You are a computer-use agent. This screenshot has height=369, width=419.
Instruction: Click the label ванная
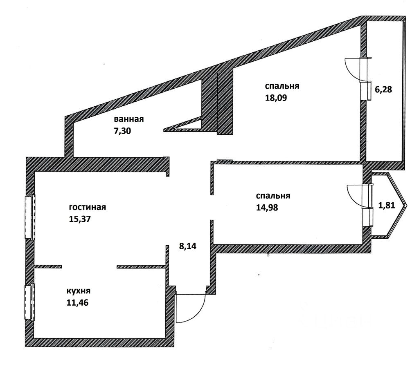(129, 119)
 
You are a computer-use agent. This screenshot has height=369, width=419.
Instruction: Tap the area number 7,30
(122, 131)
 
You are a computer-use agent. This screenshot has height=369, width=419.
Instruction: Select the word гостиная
(88, 207)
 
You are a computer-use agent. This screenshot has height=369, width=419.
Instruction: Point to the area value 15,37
(80, 219)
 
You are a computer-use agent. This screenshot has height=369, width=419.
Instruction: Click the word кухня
(78, 291)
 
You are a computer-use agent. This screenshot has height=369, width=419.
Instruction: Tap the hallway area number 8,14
(187, 246)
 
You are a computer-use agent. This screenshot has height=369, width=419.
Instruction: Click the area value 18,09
(276, 98)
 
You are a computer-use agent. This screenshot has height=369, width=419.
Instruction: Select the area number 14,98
(267, 207)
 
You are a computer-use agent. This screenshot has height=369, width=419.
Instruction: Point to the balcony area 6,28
(383, 89)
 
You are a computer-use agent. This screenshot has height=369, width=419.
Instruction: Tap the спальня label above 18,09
(282, 86)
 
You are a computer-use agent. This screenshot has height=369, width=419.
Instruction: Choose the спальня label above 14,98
(273, 196)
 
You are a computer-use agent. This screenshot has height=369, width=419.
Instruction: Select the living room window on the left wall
(30, 217)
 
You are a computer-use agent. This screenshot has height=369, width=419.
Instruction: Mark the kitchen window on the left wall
(29, 302)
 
